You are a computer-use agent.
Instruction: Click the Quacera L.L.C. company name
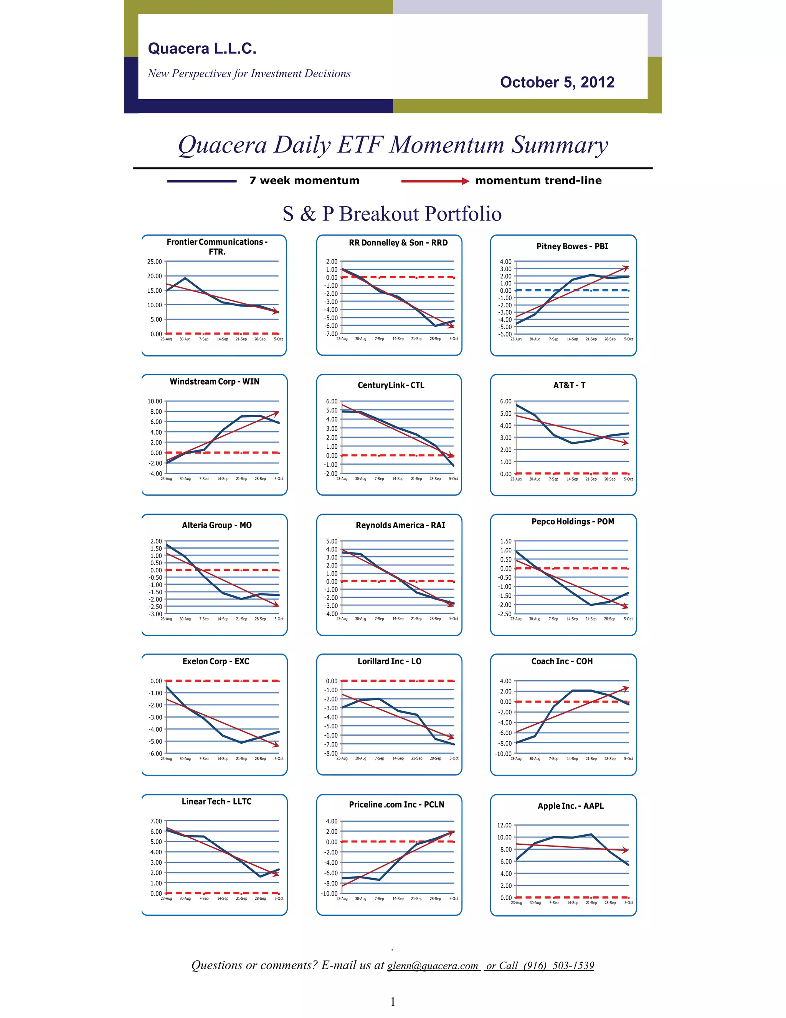point(202,48)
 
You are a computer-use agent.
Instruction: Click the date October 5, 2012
point(557,82)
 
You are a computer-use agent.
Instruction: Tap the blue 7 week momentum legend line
point(201,181)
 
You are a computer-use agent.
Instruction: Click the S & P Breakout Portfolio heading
point(392,214)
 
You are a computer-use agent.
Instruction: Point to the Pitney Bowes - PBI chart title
point(572,246)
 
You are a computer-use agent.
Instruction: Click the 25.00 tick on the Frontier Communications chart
point(155,262)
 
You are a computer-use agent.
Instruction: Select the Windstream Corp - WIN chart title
point(214,381)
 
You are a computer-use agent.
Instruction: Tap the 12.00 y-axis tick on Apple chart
point(504,825)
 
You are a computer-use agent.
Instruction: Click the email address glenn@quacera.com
point(433,965)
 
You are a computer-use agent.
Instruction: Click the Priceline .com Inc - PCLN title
point(396,804)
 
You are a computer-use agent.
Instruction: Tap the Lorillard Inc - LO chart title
point(389,661)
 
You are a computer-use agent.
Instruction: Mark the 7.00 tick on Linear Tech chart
point(156,821)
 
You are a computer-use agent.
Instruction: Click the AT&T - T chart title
point(569,385)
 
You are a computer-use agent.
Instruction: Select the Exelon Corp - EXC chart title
point(216,661)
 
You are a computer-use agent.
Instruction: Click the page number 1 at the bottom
point(393,1002)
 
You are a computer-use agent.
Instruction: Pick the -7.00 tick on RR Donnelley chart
point(331,334)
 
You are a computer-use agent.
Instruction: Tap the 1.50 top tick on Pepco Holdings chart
point(506,541)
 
